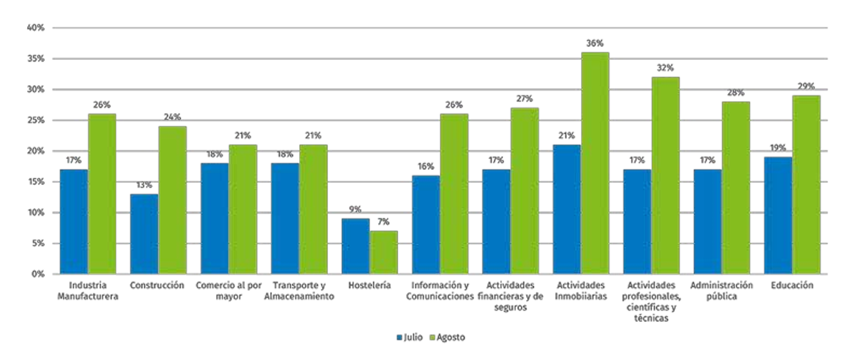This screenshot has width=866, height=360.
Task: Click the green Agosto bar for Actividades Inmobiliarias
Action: point(595,163)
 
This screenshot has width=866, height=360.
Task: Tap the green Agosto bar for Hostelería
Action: point(383,252)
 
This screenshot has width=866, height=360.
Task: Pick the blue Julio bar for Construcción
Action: point(144,234)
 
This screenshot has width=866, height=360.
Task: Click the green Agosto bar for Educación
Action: point(806,184)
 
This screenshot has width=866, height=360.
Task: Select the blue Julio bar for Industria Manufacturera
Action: point(74,221)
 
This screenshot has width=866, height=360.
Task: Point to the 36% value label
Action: point(595,43)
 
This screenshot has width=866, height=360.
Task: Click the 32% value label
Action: point(665,68)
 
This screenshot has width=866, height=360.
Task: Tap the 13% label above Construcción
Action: point(144,185)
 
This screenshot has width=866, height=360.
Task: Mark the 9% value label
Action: point(356,210)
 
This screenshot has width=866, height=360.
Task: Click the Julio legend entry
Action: point(410,338)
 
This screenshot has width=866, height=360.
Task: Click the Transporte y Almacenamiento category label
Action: point(300,291)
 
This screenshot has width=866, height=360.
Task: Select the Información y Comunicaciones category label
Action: point(440,291)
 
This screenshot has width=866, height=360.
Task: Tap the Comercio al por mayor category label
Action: point(229,291)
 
